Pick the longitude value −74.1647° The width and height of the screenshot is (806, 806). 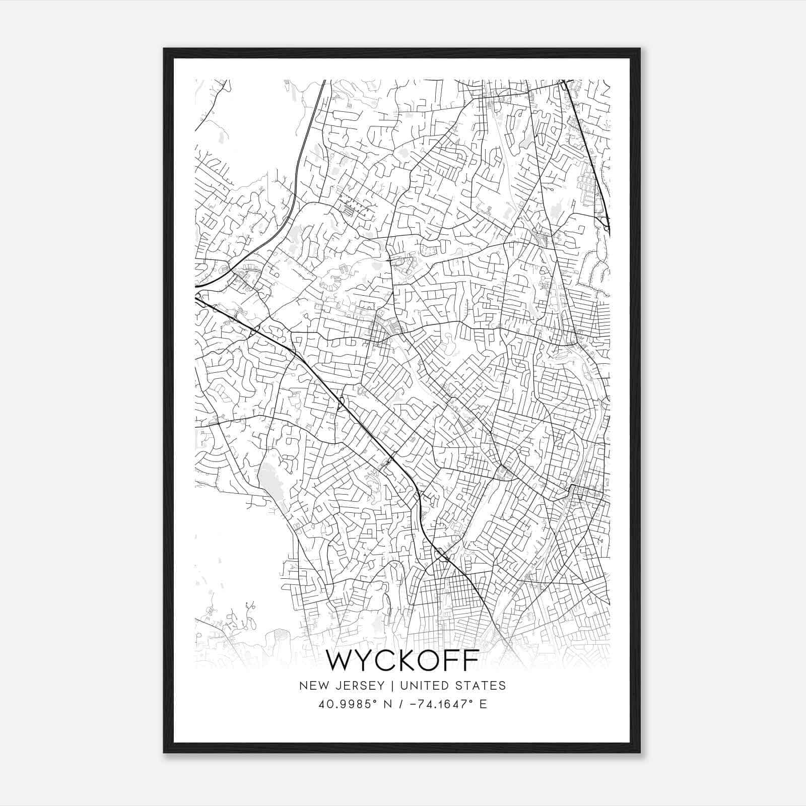pyautogui.click(x=439, y=704)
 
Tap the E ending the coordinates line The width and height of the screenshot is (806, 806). pyautogui.click(x=484, y=704)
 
